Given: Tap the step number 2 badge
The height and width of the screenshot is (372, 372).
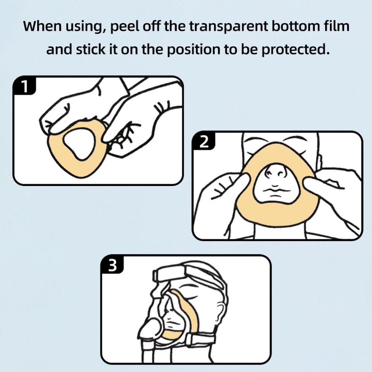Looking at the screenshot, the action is click(204, 142).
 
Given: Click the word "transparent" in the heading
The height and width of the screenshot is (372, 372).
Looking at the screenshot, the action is click(228, 26).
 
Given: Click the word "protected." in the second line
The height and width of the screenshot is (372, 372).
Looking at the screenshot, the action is click(296, 49).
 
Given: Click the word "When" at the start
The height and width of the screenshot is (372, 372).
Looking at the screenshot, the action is click(42, 26).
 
